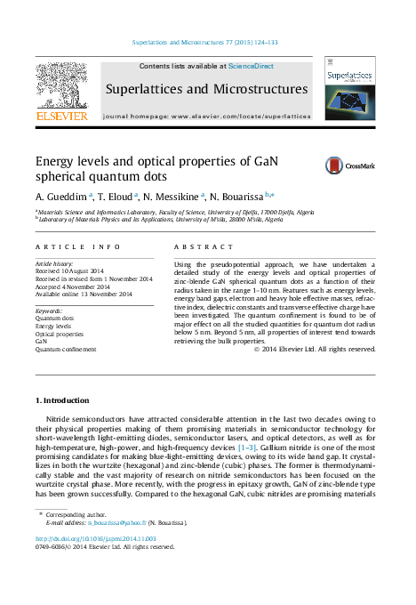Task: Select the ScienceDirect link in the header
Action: tap(252, 67)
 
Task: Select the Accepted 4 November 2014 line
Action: tap(73, 286)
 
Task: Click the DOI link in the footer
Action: tap(96, 539)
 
